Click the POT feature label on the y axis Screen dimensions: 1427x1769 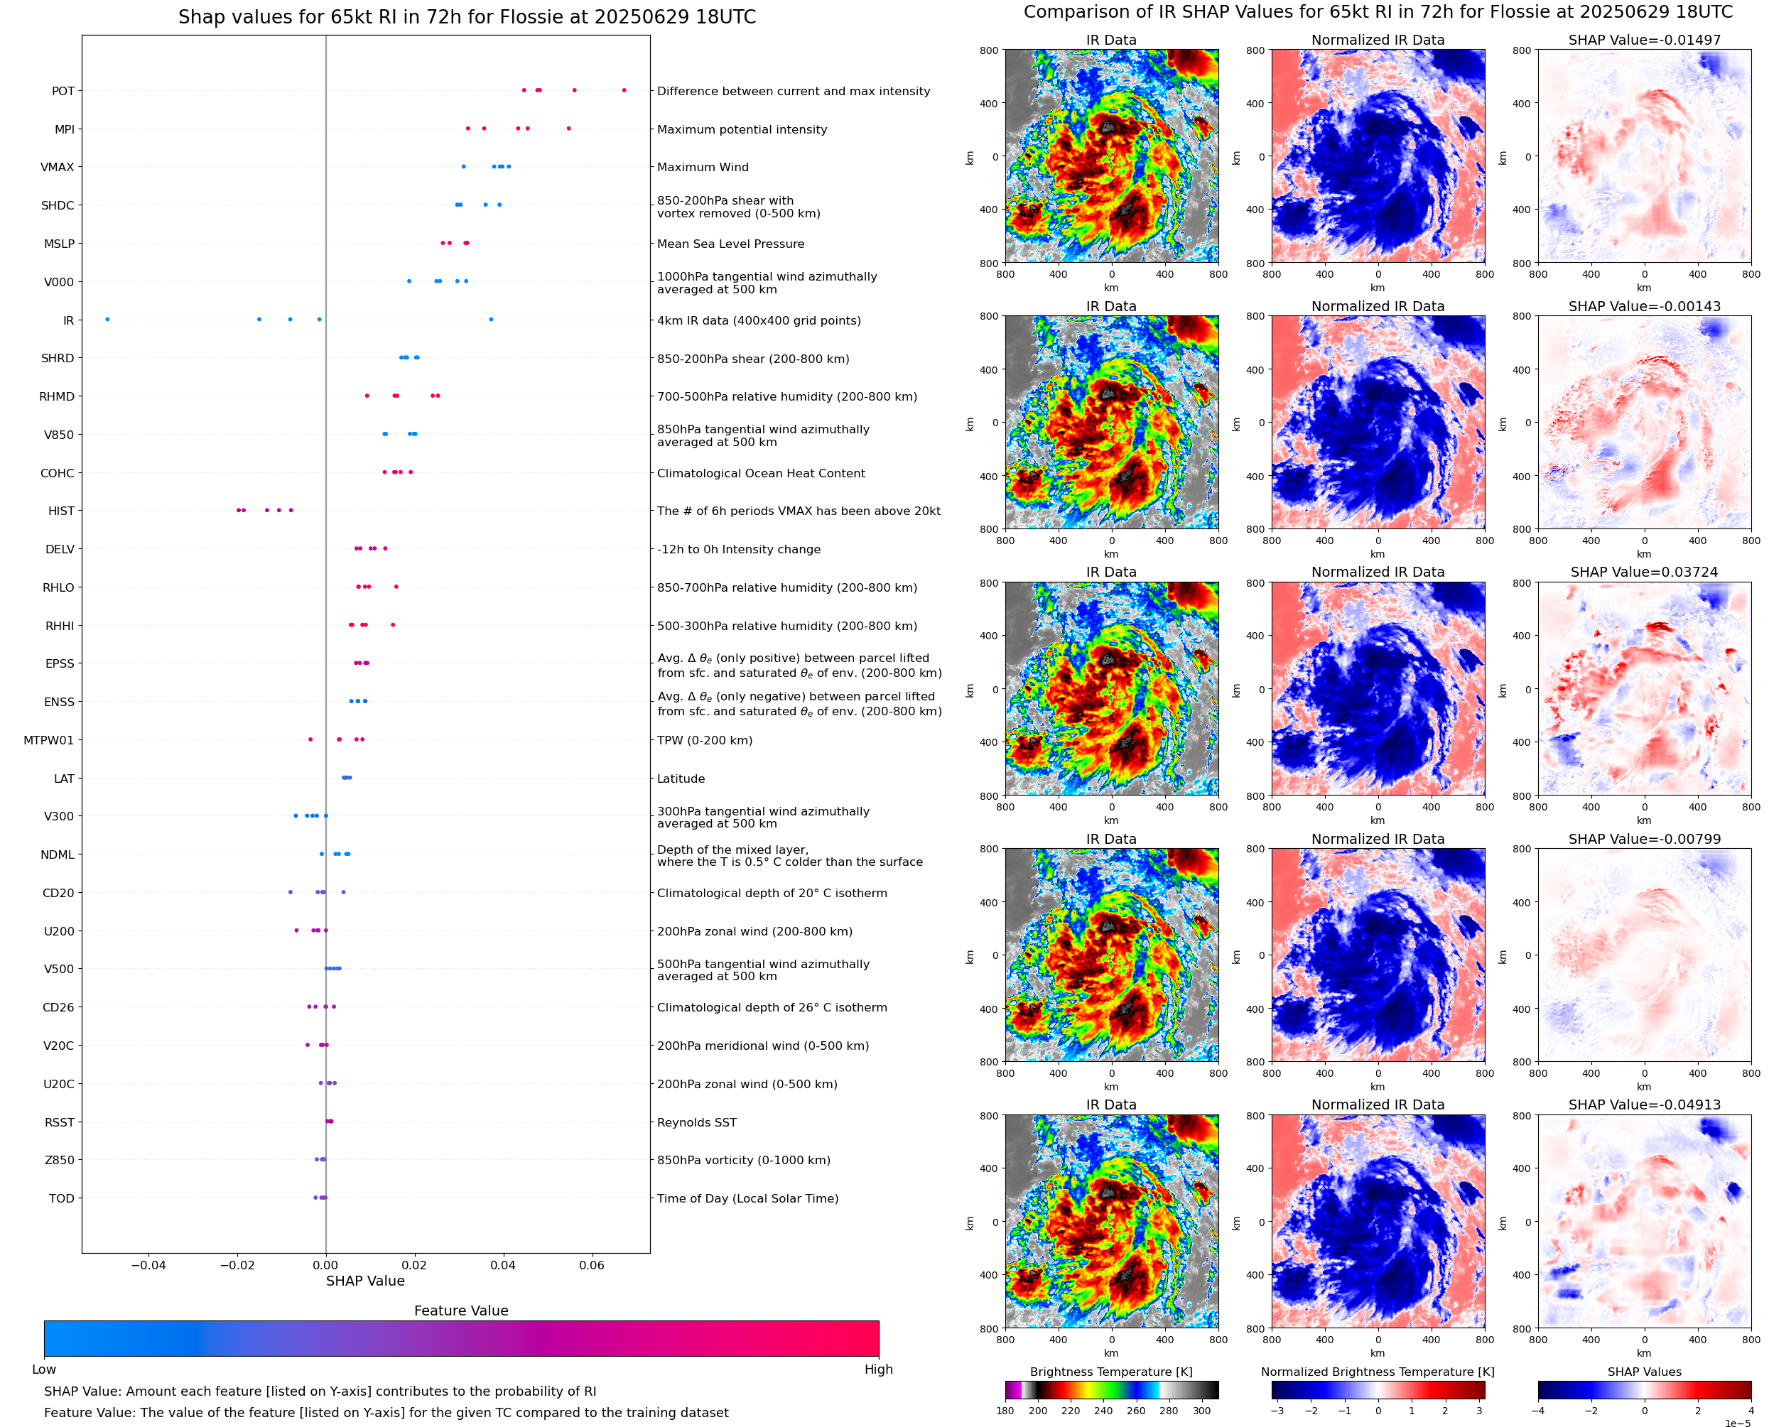63,91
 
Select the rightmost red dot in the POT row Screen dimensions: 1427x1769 624,89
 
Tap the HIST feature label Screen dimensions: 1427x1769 61,511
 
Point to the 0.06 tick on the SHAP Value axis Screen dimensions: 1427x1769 592,1265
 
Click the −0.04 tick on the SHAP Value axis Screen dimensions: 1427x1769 148,1265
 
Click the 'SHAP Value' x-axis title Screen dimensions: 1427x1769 365,1281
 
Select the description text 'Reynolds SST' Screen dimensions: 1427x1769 696,1122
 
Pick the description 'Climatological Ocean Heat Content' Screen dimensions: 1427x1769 760,474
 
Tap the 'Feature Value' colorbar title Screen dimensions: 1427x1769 460,1311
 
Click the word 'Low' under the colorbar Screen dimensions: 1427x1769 43,1369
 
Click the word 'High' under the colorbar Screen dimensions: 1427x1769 878,1369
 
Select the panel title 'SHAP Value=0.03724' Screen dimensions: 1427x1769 1644,572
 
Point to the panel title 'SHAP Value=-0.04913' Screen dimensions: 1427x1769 1644,1105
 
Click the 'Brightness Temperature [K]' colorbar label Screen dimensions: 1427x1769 1110,1372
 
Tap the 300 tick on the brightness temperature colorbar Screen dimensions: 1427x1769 1202,1411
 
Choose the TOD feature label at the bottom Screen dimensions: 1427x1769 61,1198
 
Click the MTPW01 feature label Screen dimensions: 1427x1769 48,741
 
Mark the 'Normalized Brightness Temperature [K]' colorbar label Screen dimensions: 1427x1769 1378,1372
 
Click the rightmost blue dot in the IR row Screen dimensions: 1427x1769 491,319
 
